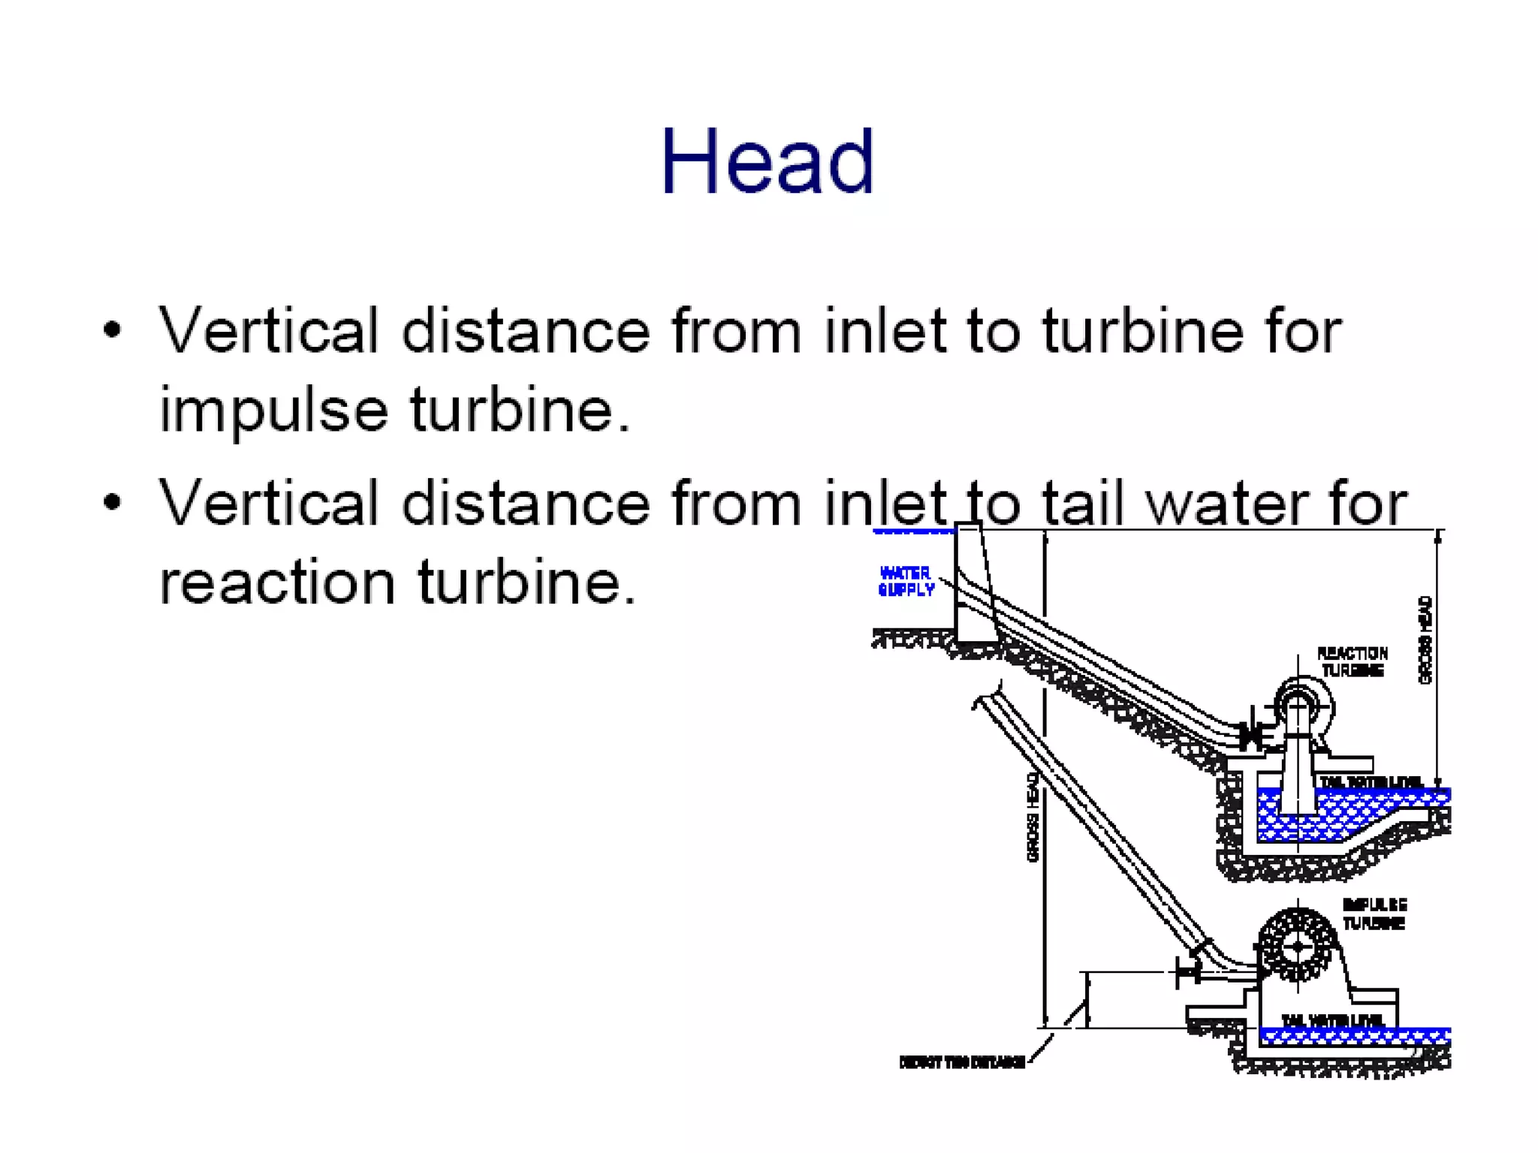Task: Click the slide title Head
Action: tap(767, 162)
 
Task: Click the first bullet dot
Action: tap(113, 330)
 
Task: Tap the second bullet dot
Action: tap(113, 501)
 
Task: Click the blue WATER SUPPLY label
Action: tap(906, 582)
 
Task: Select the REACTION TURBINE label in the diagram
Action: tap(1353, 662)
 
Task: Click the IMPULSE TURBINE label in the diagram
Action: tap(1374, 914)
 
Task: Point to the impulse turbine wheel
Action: tap(1297, 946)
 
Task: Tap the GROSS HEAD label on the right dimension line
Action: tap(1425, 640)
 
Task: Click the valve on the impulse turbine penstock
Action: tap(1189, 972)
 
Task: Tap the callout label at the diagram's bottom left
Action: tap(962, 1062)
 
